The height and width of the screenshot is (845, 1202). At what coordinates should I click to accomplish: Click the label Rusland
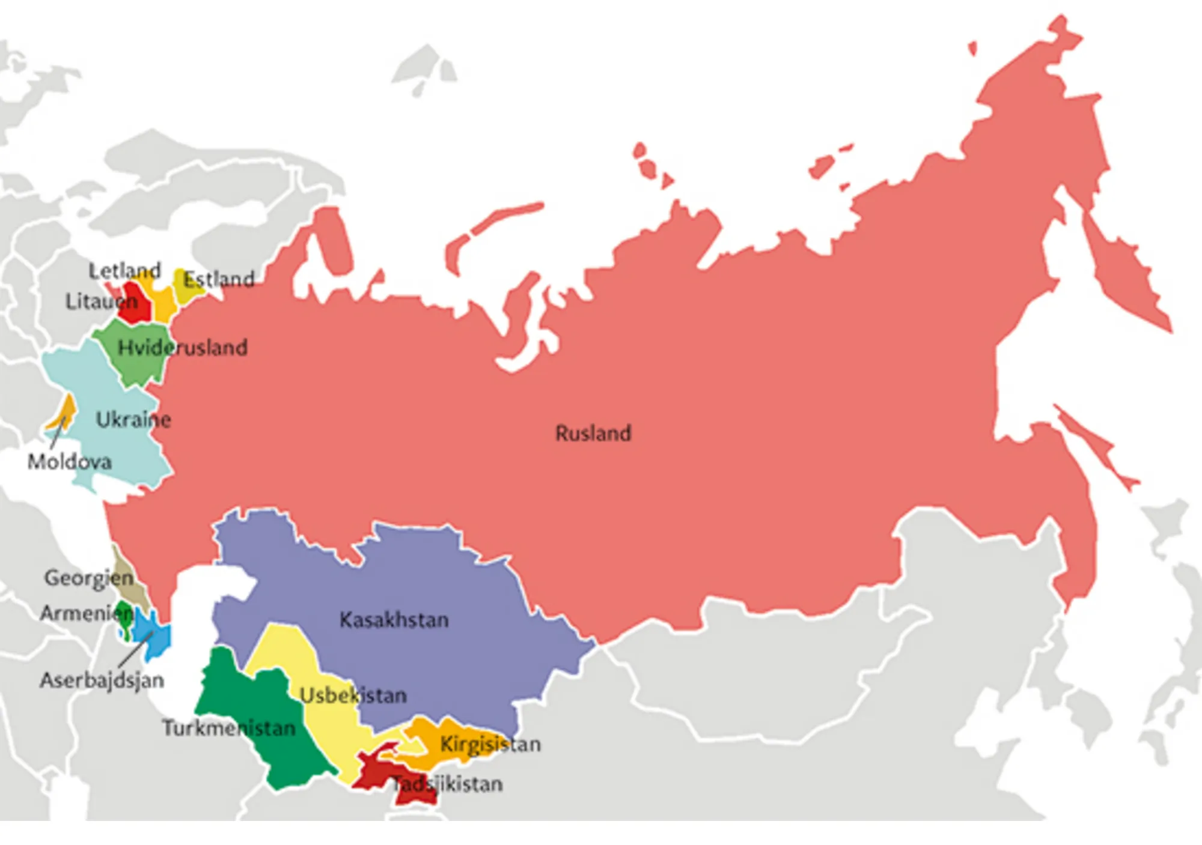click(x=593, y=433)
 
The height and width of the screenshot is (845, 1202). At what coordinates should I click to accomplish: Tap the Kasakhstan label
click(x=394, y=619)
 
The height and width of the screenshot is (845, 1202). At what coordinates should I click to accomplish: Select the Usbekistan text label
click(x=353, y=695)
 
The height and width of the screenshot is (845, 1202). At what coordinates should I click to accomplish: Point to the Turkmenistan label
click(x=229, y=728)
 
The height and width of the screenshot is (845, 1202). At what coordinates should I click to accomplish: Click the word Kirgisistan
click(x=490, y=744)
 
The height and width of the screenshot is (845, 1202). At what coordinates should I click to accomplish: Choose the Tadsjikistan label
click(x=448, y=784)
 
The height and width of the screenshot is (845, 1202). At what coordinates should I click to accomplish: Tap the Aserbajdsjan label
click(x=102, y=680)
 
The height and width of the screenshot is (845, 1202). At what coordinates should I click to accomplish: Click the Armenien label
click(x=86, y=613)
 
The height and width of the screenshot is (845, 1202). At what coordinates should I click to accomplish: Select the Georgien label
click(x=88, y=578)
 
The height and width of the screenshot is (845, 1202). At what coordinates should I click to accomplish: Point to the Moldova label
click(x=69, y=461)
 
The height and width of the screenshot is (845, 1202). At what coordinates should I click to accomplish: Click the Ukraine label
click(x=133, y=419)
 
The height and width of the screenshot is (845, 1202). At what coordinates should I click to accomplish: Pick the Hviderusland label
click(x=182, y=347)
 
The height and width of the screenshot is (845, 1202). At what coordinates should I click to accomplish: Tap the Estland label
click(x=219, y=279)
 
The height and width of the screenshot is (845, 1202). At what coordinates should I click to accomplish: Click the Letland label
click(x=124, y=270)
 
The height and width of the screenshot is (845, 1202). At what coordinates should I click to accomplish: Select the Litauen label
click(x=101, y=301)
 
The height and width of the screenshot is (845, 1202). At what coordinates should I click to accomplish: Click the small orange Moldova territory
click(x=66, y=411)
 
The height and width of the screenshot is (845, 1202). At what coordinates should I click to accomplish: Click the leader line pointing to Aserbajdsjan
click(x=135, y=650)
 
